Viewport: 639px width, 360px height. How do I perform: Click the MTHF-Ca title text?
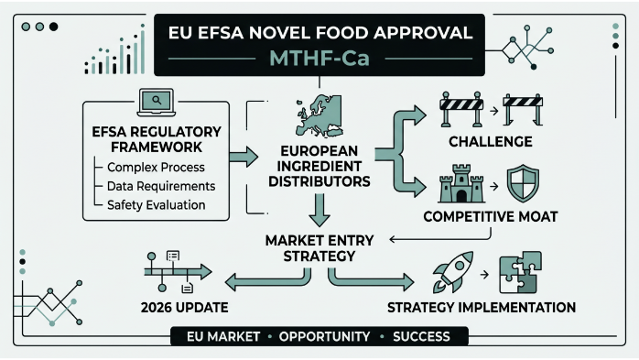pos(319,59)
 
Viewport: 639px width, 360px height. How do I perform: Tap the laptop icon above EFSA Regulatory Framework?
pos(155,100)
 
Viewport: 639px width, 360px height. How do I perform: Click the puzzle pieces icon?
pos(518,274)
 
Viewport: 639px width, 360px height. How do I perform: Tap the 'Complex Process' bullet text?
pos(156,168)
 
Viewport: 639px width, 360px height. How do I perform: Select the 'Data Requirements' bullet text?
pos(161,186)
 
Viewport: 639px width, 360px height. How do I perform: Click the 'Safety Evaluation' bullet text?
pos(156,204)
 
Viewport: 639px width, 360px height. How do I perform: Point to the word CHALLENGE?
pos(491,141)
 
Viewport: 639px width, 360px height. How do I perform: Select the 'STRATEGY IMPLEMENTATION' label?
pos(481,306)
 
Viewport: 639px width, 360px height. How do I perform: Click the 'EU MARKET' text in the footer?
pos(220,337)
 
